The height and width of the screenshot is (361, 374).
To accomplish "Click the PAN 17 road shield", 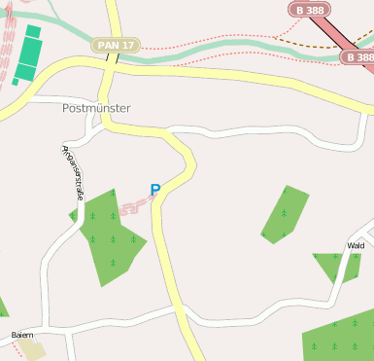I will pyautogui.click(x=117, y=45).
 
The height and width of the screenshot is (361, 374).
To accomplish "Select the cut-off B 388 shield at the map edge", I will pyautogui.click(x=359, y=57).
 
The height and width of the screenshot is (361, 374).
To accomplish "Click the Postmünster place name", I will pyautogui.click(x=95, y=108).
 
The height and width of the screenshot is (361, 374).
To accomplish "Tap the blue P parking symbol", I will pyautogui.click(x=154, y=191).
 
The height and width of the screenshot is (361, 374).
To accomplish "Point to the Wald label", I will pyautogui.click(x=356, y=246).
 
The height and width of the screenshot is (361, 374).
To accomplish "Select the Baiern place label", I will pyautogui.click(x=22, y=335).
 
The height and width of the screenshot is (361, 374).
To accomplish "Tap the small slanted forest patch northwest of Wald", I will pyautogui.click(x=286, y=213).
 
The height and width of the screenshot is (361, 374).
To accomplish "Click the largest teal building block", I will pyautogui.click(x=30, y=53).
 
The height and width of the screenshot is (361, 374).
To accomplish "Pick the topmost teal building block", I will pyautogui.click(x=33, y=31).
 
